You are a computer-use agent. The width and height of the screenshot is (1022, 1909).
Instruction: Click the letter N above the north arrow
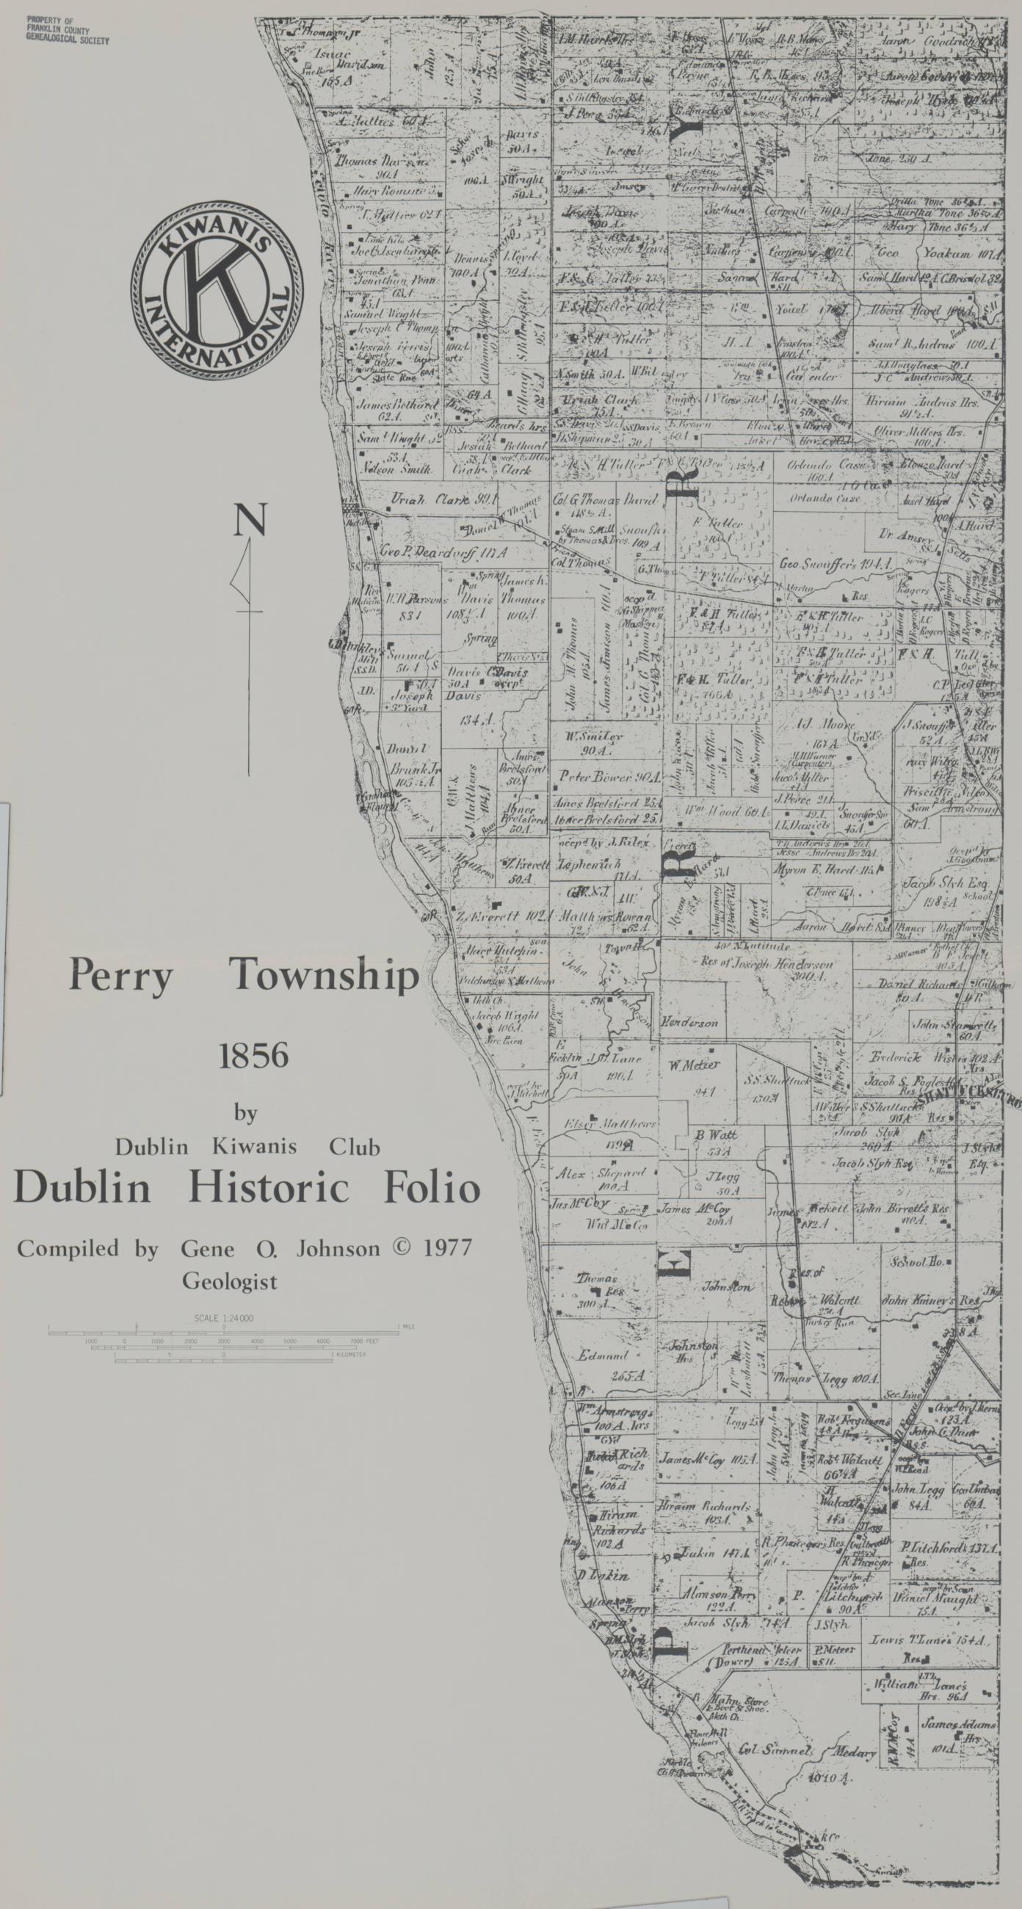(x=250, y=521)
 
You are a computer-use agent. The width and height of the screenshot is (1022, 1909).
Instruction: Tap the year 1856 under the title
(x=253, y=1054)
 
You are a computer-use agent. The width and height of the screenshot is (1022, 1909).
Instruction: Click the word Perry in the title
(x=120, y=977)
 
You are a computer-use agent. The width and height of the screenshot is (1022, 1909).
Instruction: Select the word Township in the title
(x=324, y=977)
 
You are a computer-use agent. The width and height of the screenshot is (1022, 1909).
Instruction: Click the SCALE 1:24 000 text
(x=223, y=1319)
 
